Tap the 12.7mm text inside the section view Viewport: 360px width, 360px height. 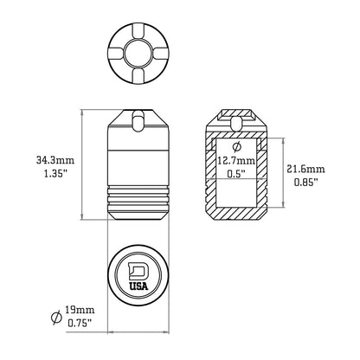pyautogui.click(x=236, y=160)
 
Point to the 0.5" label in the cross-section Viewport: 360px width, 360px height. pyautogui.click(x=235, y=173)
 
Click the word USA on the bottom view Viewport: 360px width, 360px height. pyautogui.click(x=138, y=287)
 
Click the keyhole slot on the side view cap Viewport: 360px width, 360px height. pyautogui.click(x=138, y=120)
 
